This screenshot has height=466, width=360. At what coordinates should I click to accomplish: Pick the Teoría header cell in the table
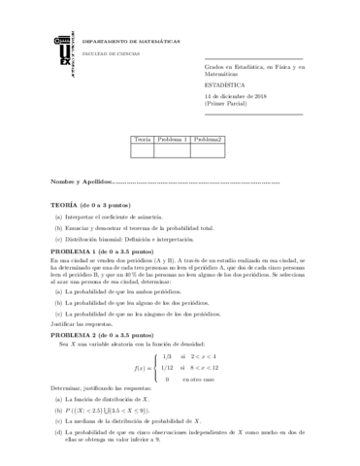click(142, 140)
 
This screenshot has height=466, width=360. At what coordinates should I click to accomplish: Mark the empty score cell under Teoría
click(142, 150)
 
